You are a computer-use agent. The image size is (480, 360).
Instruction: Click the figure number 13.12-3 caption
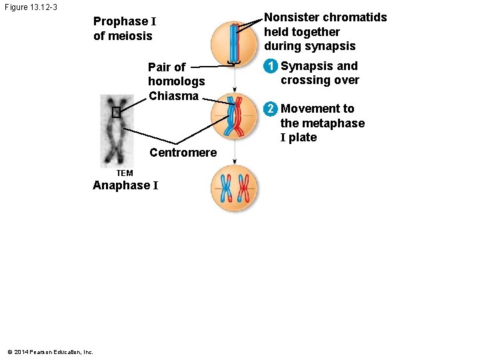click(30, 7)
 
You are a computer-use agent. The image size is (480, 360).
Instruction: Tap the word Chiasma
click(173, 96)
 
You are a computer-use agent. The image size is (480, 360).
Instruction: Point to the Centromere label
click(183, 153)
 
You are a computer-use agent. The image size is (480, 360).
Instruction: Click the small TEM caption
click(125, 173)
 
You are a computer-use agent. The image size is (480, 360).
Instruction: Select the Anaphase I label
click(125, 186)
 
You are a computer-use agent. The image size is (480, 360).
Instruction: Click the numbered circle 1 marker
click(270, 67)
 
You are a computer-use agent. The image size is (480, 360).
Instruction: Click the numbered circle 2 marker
click(270, 109)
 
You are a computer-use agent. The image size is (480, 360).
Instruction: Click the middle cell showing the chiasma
click(234, 115)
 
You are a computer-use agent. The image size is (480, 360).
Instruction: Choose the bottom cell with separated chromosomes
click(234, 189)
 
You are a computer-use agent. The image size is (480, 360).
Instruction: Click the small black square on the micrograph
click(116, 112)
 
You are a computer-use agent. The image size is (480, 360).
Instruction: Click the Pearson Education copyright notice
click(50, 352)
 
